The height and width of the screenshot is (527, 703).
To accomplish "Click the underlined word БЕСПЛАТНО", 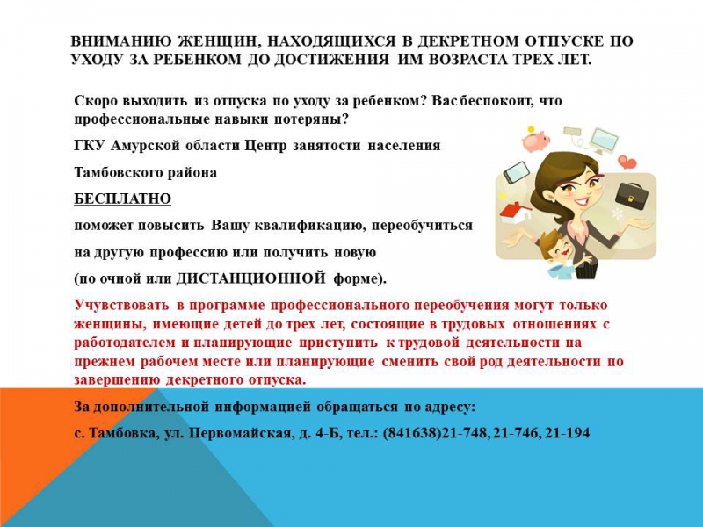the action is coord(122,199).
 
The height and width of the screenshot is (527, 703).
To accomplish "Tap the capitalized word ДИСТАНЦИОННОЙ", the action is coord(250,278).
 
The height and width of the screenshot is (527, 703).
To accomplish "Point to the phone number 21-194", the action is coord(567,433).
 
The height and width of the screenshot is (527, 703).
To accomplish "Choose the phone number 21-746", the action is coord(516,433).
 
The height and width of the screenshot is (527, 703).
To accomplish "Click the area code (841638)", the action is coord(412,433).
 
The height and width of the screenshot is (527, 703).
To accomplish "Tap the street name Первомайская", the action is coord(240,433).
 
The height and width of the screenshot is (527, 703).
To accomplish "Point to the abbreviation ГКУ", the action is coord(90,146).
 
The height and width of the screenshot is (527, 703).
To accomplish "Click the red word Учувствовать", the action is coord(122,305).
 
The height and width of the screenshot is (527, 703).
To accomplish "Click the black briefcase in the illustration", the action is coord(631,193).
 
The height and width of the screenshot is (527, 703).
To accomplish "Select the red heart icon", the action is coord(627,162).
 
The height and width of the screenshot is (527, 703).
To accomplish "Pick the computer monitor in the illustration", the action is coord(603,141).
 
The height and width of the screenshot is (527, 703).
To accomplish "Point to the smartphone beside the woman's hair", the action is coord(517,172).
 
